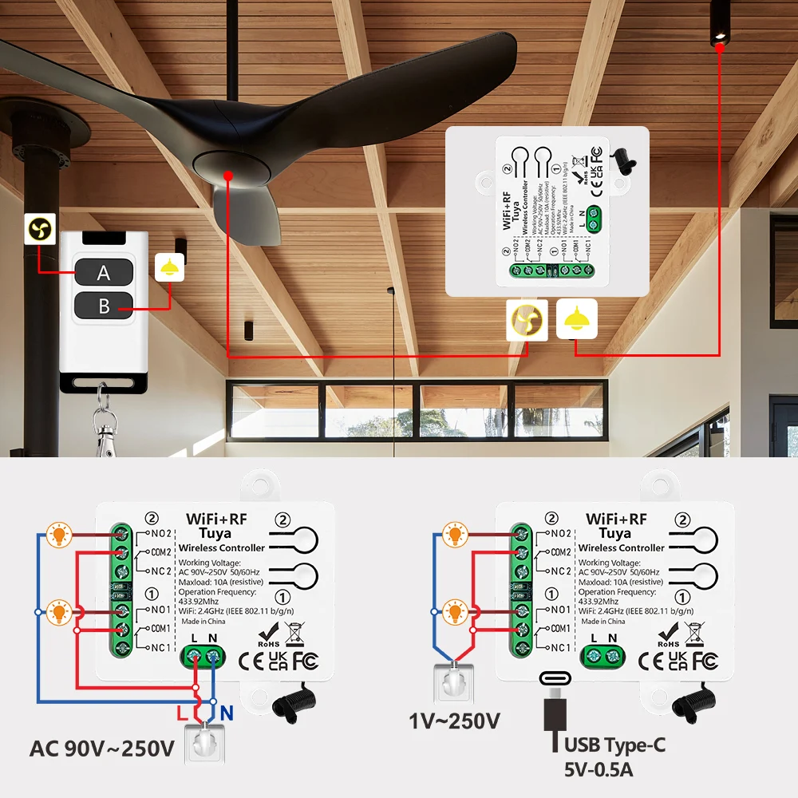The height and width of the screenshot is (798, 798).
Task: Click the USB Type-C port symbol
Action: click(x=556, y=679)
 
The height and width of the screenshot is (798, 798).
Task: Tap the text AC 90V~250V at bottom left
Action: click(x=101, y=749)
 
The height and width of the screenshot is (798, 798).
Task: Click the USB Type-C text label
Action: click(x=614, y=746)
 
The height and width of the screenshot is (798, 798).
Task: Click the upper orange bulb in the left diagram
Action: click(x=57, y=535)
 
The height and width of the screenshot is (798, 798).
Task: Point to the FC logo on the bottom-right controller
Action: click(x=705, y=660)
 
